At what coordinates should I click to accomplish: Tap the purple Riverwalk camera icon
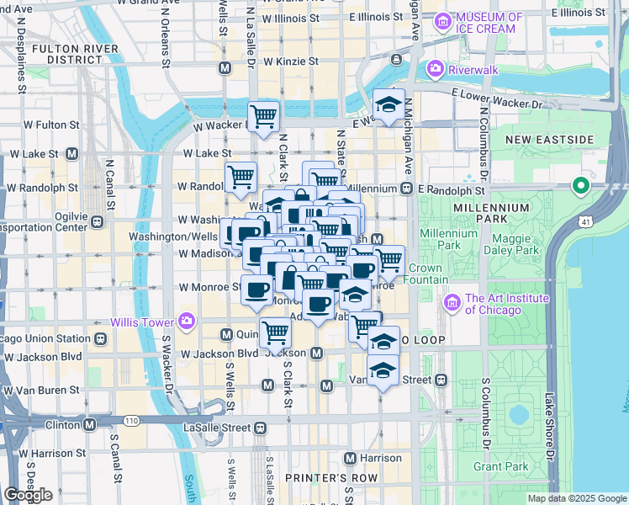pos(435,67)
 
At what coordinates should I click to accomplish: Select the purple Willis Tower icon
pos(186,322)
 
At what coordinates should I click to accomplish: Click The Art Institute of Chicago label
pos(507,304)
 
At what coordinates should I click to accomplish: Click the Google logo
pos(28,495)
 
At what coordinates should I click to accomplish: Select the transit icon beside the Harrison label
pos(351,458)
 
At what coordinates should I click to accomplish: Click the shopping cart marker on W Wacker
pos(263,116)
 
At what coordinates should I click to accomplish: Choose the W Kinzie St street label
pos(290,61)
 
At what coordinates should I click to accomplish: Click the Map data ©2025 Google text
pos(577,498)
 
